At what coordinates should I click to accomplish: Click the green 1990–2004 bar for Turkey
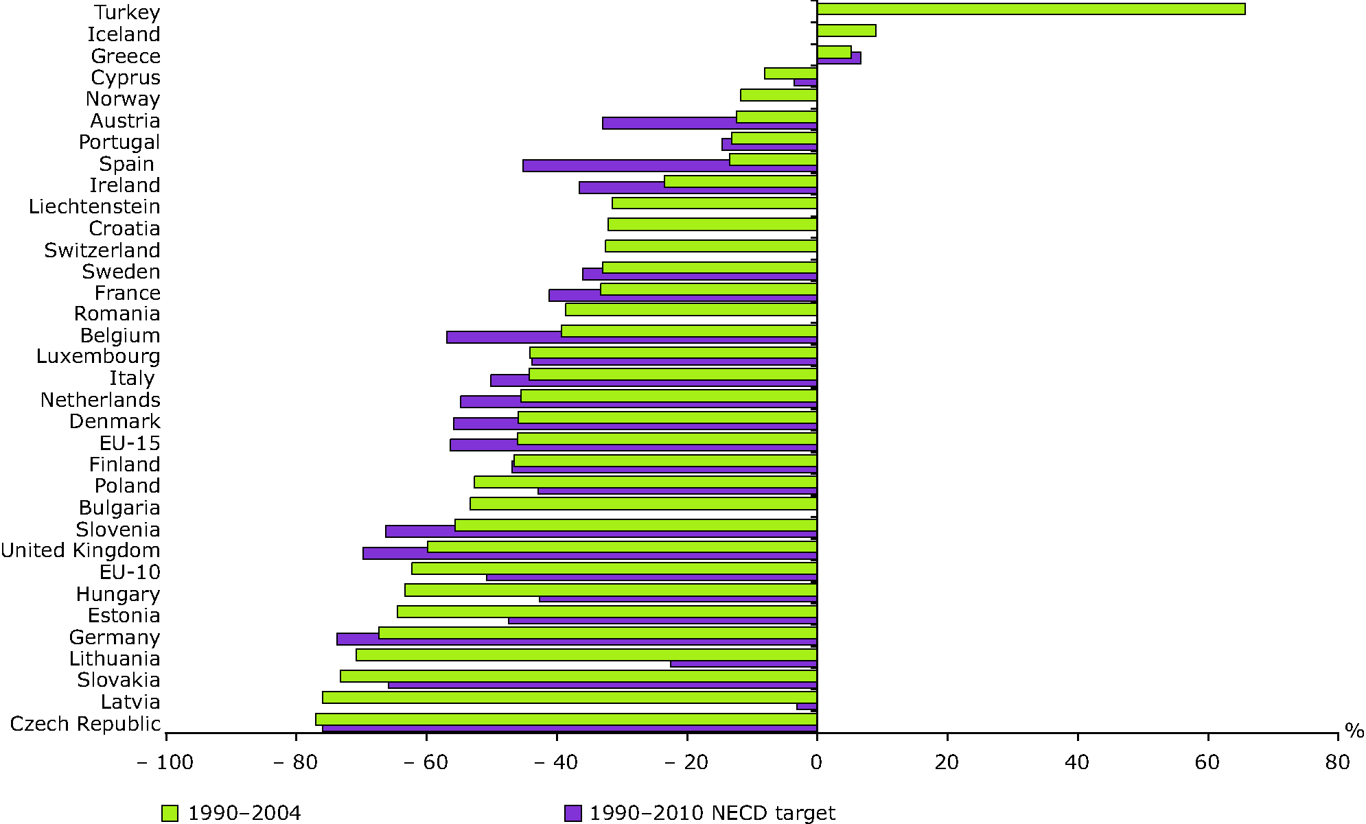[1030, 9]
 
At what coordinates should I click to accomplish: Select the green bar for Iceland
[846, 30]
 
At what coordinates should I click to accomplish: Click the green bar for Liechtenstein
[714, 203]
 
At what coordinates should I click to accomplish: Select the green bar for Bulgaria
[643, 504]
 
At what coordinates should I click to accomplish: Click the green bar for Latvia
[570, 697]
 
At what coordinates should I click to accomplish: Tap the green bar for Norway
[778, 95]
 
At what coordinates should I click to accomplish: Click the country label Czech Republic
[85, 724]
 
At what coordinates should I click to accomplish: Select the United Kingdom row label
[80, 550]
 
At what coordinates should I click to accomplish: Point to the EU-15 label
[130, 443]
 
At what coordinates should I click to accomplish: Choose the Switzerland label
[102, 250]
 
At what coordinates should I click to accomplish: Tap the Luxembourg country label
[98, 356]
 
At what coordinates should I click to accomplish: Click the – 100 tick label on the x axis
[165, 762]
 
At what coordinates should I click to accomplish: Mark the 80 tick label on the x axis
[1337, 762]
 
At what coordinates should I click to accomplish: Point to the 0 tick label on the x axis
[816, 762]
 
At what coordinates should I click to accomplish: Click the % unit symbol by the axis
[1354, 731]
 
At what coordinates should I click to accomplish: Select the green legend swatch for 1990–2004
[170, 813]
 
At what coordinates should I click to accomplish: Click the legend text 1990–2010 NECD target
[712, 813]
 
